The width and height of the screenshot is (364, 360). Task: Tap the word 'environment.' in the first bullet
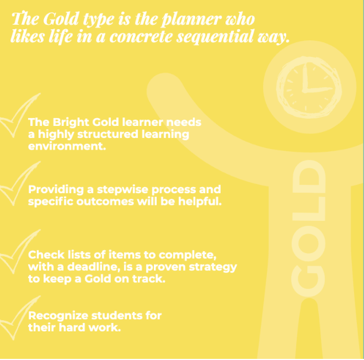59,147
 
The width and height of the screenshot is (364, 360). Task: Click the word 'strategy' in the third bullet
214,267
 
